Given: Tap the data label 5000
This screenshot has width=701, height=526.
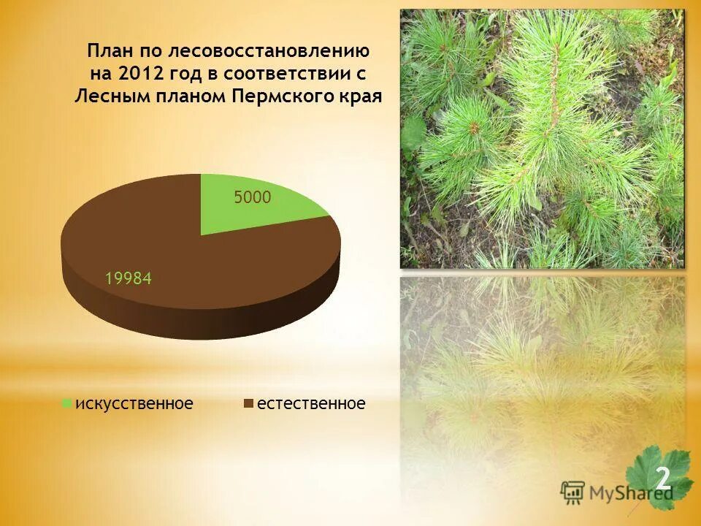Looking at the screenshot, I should coord(253,197).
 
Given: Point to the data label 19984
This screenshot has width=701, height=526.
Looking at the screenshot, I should coord(128,278).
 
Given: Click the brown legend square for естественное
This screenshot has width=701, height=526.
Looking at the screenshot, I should coord(248,403).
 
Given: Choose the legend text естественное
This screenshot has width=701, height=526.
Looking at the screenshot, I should coord(309,403).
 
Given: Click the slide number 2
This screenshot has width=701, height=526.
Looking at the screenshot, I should coord(662,479).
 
